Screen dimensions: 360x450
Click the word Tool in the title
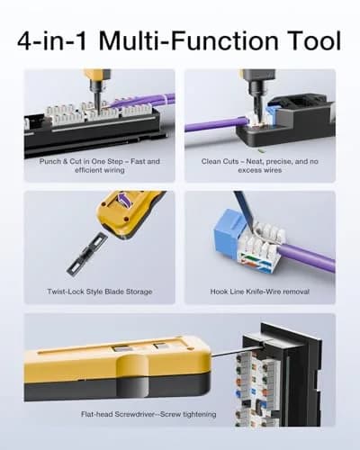[315, 40]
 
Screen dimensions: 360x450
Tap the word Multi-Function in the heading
[188, 40]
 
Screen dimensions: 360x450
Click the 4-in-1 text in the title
[53, 40]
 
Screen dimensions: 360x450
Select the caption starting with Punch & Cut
[100, 166]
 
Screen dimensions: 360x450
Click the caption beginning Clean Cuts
[260, 166]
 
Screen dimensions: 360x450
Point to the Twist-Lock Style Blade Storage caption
[100, 292]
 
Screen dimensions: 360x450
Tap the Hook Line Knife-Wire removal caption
[260, 292]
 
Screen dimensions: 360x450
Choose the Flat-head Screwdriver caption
[148, 414]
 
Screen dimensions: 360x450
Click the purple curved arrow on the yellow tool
[125, 200]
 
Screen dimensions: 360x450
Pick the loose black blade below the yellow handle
[86, 255]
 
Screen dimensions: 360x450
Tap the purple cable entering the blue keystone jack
[306, 257]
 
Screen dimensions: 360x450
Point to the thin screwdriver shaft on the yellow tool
[237, 352]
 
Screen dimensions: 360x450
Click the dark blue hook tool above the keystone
[244, 210]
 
